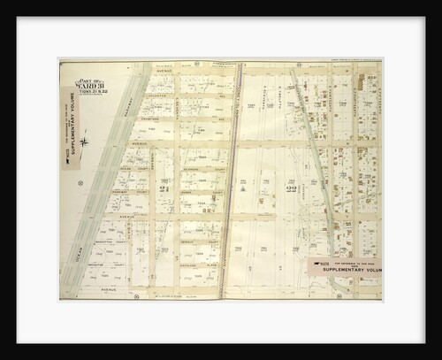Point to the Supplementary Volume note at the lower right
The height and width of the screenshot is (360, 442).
coord(342,267)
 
